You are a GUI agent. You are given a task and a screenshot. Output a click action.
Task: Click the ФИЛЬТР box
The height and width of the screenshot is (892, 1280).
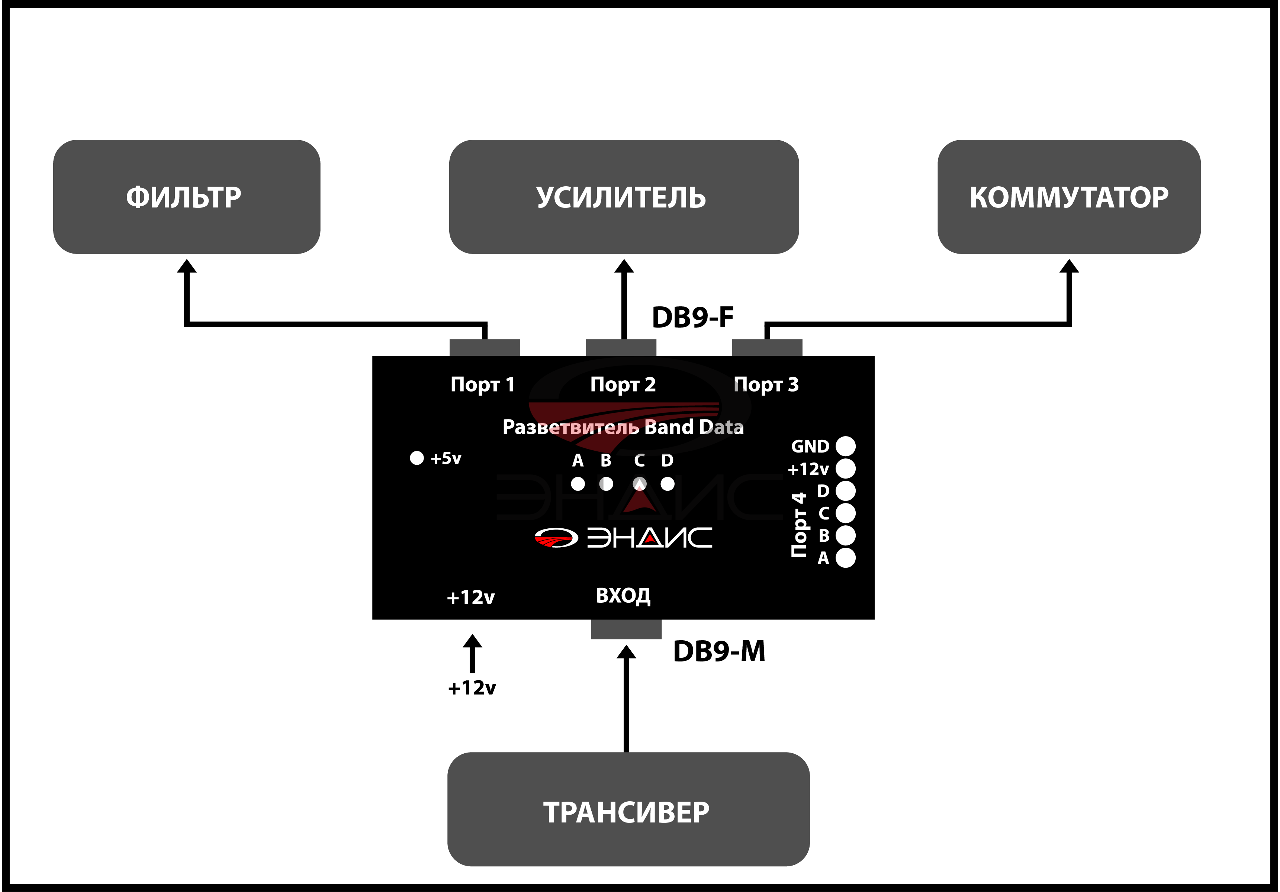click(x=186, y=197)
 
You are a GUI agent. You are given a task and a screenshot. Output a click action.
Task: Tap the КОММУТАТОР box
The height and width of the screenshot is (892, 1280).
click(x=1069, y=197)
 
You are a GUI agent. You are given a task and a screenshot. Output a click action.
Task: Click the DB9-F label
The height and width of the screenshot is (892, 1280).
click(x=692, y=317)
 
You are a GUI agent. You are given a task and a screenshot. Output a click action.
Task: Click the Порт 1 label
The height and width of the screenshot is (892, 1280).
click(x=482, y=385)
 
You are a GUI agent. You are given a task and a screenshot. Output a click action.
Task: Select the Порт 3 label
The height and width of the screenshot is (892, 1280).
click(x=766, y=385)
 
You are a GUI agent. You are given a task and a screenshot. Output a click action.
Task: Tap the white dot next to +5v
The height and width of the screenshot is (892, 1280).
click(x=417, y=458)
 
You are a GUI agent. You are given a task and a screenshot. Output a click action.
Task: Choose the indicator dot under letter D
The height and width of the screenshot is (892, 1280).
click(x=667, y=484)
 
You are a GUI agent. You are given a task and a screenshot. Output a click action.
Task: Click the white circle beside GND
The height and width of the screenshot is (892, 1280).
click(x=845, y=446)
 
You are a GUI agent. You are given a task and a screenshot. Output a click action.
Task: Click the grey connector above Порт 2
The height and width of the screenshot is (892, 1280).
click(x=621, y=347)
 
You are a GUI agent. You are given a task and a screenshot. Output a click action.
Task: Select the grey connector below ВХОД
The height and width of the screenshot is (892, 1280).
click(x=626, y=629)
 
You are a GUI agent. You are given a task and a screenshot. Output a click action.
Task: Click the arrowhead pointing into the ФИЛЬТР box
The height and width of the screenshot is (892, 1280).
click(x=187, y=266)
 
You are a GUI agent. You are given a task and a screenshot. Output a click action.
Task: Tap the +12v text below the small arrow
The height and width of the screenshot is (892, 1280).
click(x=472, y=688)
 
